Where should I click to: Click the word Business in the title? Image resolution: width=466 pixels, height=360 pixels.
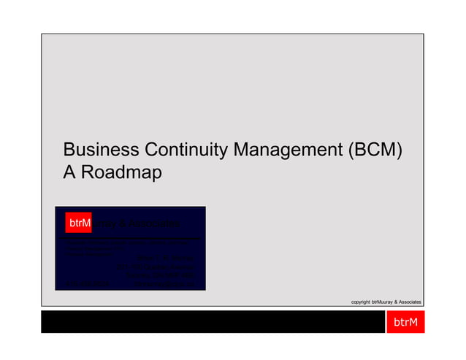point(101,150)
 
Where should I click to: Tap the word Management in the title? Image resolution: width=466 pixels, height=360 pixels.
point(288,150)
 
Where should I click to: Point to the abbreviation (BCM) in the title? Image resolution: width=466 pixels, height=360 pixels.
point(375,150)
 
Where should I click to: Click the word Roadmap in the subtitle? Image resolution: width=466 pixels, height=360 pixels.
point(121,174)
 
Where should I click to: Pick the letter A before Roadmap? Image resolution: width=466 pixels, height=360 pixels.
point(70,174)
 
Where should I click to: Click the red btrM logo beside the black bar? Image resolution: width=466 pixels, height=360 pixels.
point(405,322)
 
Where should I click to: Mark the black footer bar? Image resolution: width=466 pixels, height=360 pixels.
point(213,322)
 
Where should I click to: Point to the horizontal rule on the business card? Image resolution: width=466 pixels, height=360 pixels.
point(130,239)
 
